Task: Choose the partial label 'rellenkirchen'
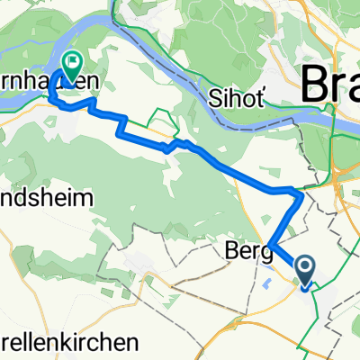point(69,343)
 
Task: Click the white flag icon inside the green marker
point(70,62)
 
